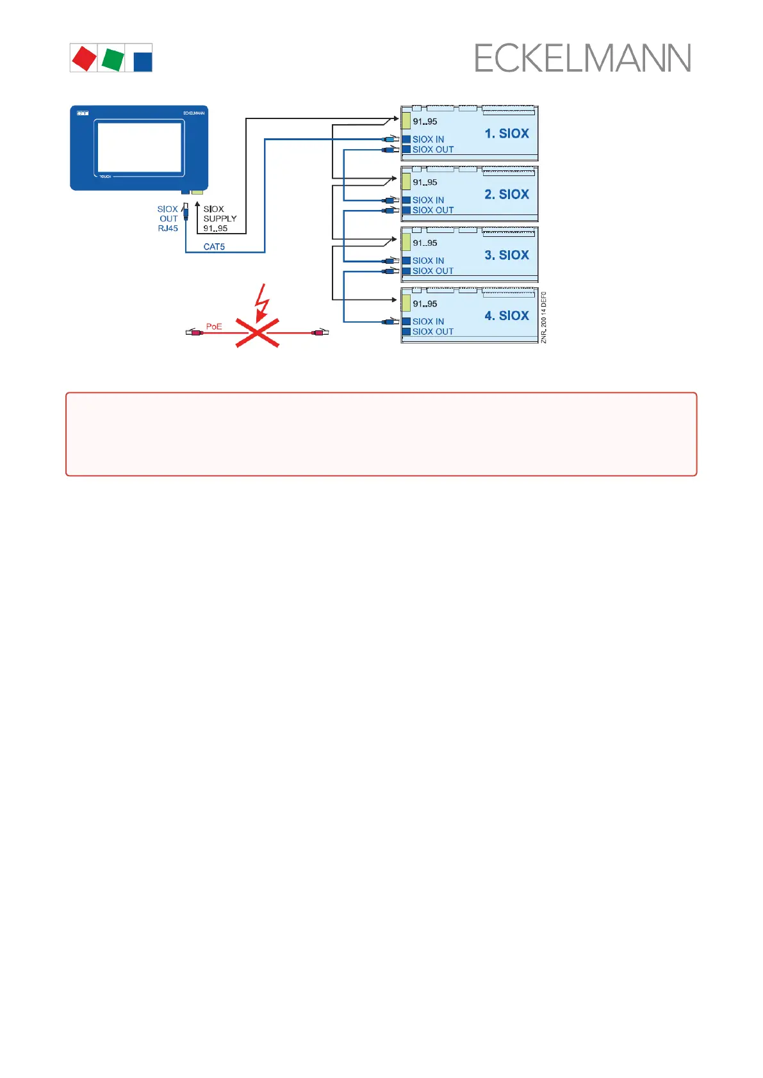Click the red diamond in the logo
(84, 58)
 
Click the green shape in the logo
(112, 58)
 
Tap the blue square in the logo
(142, 61)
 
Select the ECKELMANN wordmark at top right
(582, 58)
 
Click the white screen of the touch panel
(139, 147)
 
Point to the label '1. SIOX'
(506, 134)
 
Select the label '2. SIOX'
(506, 195)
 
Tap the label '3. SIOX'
(506, 255)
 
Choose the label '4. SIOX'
(506, 316)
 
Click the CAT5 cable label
(214, 246)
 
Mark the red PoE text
(214, 326)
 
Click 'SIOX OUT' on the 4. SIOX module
(432, 332)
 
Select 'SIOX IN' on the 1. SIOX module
(428, 140)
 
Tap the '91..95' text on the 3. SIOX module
(425, 243)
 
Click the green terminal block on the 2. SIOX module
(406, 181)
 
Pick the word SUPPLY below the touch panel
(220, 218)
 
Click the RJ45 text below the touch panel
(168, 229)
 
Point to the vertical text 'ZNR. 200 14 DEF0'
(544, 318)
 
